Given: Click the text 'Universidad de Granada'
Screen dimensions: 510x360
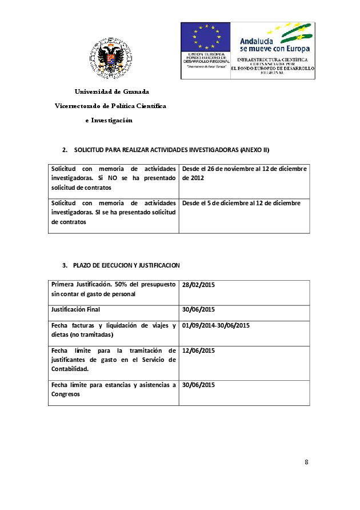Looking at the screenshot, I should pos(111,91).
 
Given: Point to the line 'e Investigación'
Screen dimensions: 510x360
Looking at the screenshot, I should pos(109,120).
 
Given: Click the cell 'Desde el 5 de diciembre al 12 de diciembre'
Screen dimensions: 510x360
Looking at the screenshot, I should pos(241,203).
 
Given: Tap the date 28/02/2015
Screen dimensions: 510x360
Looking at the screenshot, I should pos(198,285).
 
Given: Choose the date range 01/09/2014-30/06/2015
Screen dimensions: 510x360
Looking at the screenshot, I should pos(216,325).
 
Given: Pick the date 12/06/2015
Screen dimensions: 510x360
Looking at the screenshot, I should pos(198,350).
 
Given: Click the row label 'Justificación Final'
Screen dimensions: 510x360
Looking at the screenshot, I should pos(76,309).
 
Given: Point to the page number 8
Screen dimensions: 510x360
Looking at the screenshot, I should pos(306,462).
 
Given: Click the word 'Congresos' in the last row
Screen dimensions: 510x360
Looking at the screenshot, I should pos(65,394).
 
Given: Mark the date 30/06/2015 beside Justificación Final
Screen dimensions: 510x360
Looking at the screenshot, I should pos(198,309).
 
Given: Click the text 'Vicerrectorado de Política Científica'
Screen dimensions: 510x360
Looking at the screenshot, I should pos(110,106).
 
